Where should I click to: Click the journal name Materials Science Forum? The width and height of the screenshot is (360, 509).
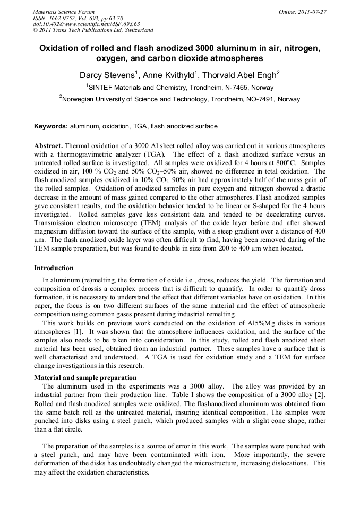pyautogui.click(x=64, y=12)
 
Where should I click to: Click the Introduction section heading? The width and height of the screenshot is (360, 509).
pyautogui.click(x=54, y=268)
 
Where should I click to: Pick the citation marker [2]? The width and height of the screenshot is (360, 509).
pyautogui.click(x=321, y=394)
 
